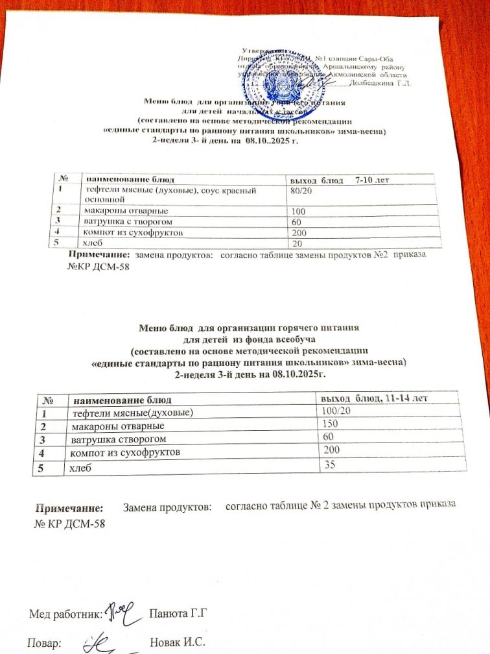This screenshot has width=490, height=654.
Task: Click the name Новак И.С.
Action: [x=177, y=643]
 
